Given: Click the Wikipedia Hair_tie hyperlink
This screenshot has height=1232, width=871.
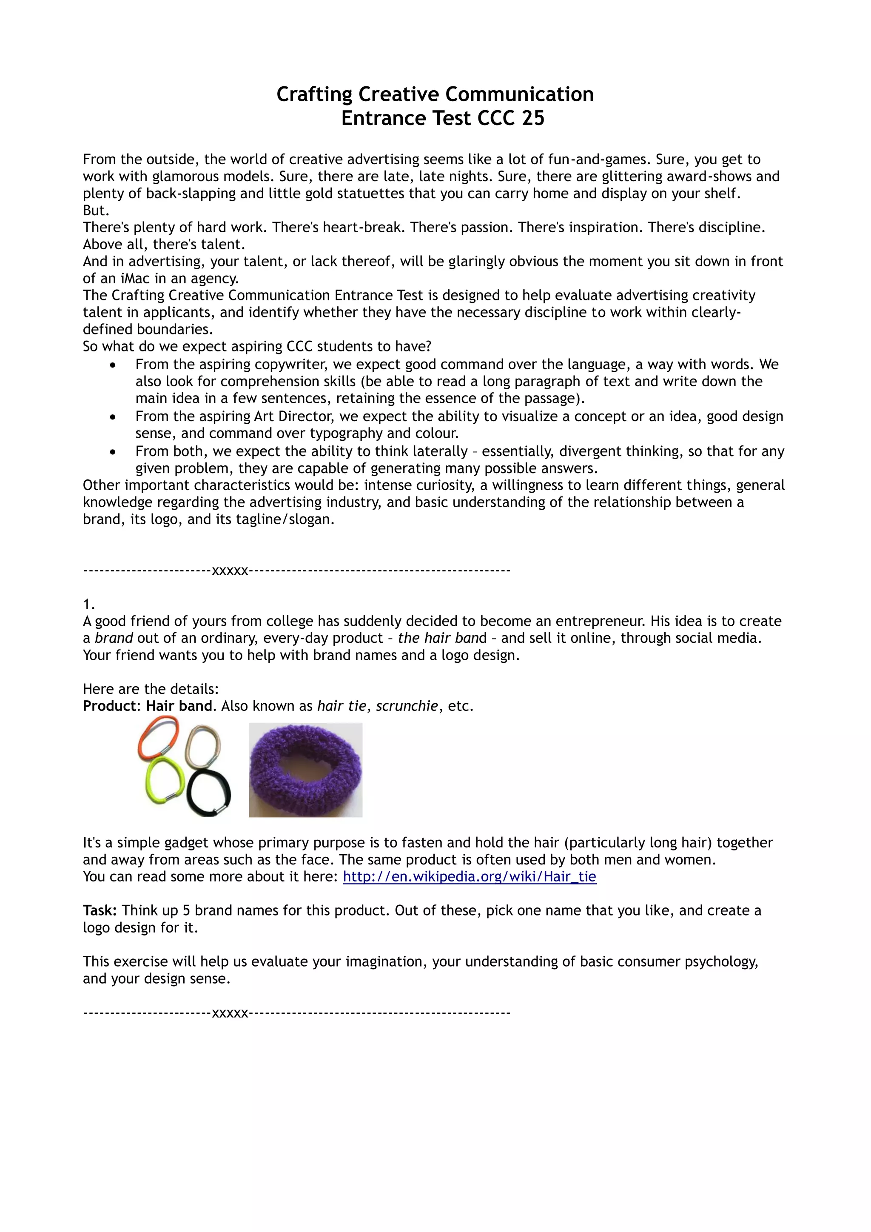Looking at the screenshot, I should coord(469,877).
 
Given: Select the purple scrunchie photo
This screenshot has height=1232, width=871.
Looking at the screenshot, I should coord(305,770).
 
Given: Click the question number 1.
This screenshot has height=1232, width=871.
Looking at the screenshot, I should coord(88,605).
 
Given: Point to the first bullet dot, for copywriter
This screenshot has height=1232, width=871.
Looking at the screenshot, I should coord(113,365).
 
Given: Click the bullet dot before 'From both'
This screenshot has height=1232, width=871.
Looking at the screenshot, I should coord(113,452).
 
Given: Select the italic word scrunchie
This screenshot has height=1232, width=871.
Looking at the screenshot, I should coord(407,706).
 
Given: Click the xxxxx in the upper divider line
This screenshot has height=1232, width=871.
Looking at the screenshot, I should coord(230,570).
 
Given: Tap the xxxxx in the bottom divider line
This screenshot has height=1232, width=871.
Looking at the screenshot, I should coord(230,1013).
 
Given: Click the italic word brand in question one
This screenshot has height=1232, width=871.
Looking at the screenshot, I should coord(114,639).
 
